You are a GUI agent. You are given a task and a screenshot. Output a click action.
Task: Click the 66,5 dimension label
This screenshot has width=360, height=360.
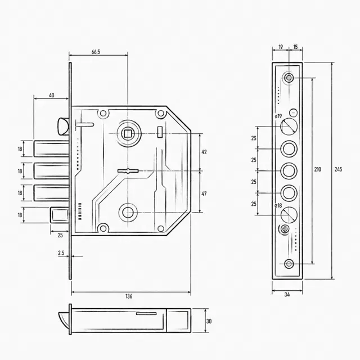(x=96, y=52)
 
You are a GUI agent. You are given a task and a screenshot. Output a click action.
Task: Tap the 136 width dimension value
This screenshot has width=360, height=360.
(x=129, y=296)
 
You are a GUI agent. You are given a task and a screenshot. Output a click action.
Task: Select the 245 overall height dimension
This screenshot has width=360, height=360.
(x=338, y=169)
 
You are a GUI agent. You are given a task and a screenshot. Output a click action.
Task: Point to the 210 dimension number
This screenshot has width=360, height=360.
(x=317, y=169)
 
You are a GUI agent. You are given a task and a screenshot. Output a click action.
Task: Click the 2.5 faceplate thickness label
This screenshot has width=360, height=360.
(x=61, y=253)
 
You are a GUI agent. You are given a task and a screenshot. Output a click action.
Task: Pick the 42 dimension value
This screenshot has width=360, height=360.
(x=204, y=152)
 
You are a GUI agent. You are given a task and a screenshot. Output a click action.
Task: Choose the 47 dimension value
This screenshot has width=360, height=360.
(x=204, y=193)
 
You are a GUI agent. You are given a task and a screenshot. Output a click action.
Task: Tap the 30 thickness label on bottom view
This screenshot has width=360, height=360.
(x=209, y=321)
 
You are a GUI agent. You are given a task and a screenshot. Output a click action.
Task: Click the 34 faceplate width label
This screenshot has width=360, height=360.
(x=287, y=295)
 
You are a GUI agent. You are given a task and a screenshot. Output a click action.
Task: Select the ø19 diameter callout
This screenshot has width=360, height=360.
(x=278, y=116)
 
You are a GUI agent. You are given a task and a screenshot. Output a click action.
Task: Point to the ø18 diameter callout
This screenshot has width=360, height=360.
(x=278, y=205)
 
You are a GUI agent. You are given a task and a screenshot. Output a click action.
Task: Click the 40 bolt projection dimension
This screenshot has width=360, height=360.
(x=52, y=95)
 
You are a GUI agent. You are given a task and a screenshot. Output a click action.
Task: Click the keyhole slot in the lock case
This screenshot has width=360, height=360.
(x=128, y=171)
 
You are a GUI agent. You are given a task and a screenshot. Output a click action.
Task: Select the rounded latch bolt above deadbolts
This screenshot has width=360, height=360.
(x=62, y=126)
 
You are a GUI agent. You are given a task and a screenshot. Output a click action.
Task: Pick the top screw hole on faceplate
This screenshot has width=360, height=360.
(x=289, y=78)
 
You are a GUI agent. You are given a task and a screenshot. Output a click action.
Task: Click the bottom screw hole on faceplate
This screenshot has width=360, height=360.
(x=289, y=264)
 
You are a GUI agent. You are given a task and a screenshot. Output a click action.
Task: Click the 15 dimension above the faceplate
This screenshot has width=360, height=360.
(x=295, y=47)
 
